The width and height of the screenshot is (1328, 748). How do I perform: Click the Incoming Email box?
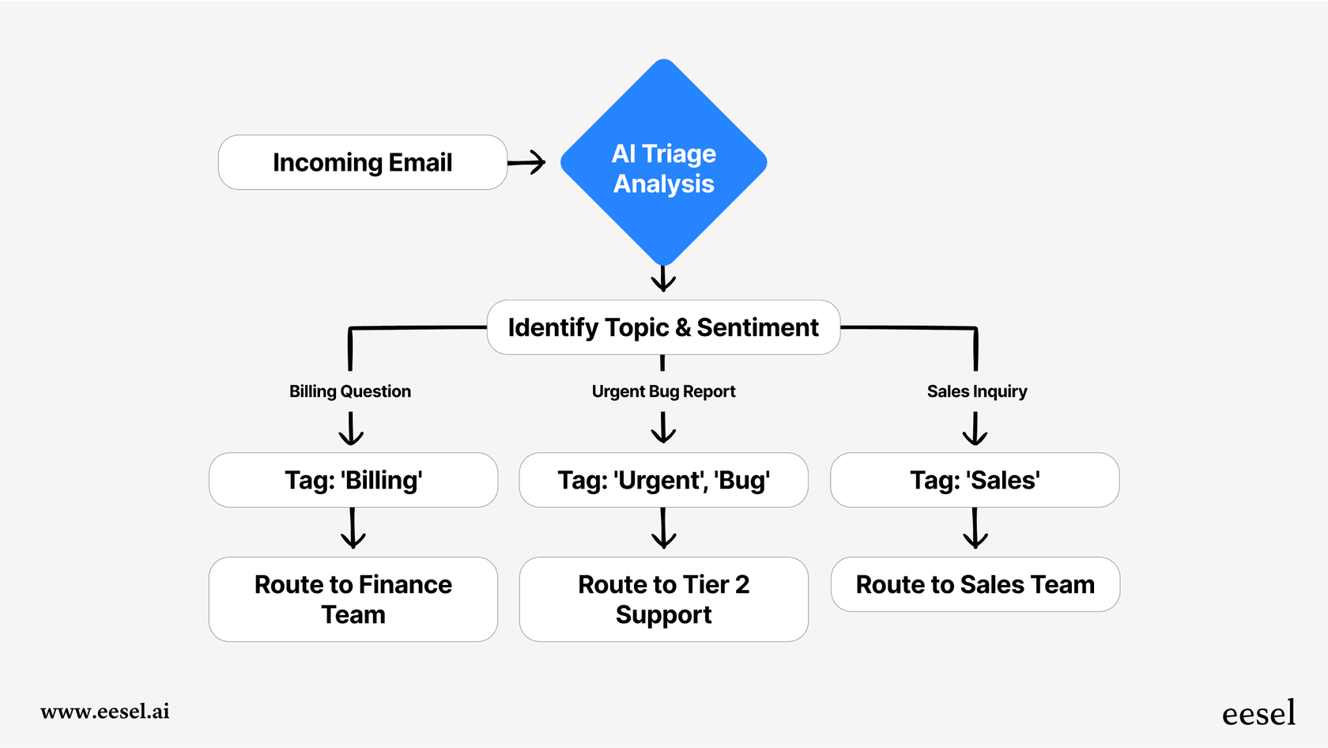pos(362,162)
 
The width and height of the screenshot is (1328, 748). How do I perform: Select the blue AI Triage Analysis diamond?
pos(664,163)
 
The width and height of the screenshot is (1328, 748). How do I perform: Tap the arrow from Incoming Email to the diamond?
pos(527,163)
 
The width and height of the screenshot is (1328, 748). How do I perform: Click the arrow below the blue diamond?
pos(663,278)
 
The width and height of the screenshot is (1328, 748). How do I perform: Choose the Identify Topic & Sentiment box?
pos(663,327)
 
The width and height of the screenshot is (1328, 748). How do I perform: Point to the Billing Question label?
pos(350,391)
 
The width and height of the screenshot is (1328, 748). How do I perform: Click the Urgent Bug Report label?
pos(663,391)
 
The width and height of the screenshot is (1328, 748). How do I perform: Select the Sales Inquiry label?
pos(977,391)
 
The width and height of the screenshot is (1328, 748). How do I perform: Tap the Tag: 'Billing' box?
pos(353,480)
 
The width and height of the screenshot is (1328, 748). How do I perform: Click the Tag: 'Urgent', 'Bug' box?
pos(663,480)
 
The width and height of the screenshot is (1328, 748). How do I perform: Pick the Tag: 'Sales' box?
pos(975,480)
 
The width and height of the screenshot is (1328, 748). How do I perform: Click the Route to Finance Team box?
pos(353,599)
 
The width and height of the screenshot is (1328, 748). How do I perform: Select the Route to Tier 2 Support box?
pos(663,599)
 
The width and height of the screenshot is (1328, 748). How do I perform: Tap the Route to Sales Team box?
pos(975,584)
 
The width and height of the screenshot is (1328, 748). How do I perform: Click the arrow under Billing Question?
pos(351,429)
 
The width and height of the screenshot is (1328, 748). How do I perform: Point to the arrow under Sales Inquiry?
pos(975,429)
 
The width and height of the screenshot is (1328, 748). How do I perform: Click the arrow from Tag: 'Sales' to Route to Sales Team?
pos(975,528)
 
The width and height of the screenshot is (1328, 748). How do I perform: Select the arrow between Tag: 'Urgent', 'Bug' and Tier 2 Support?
pos(663,528)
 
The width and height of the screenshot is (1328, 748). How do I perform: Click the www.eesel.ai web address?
pos(105,712)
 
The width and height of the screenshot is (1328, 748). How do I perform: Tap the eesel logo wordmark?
pos(1258,713)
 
